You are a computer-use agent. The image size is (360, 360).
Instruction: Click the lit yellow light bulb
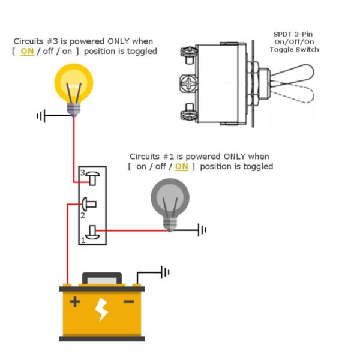74,85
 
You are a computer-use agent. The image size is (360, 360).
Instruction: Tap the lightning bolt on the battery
102,310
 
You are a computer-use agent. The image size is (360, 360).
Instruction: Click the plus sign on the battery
74,302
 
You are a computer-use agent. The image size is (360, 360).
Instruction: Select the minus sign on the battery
128,302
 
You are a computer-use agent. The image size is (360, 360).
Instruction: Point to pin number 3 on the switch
83,173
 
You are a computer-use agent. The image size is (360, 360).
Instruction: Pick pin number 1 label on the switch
83,240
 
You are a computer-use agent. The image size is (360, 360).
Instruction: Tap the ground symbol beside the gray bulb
202,229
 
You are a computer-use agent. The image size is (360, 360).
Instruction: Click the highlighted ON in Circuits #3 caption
27,52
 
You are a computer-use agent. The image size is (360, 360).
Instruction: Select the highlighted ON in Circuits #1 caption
181,166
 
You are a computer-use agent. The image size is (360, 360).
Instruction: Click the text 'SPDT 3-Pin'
294,35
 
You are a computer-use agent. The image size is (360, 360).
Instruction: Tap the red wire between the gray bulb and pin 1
132,229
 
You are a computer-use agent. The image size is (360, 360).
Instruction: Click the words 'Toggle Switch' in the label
294,50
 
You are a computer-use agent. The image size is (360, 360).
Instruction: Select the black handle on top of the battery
102,278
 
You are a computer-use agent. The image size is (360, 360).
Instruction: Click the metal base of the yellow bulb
74,109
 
